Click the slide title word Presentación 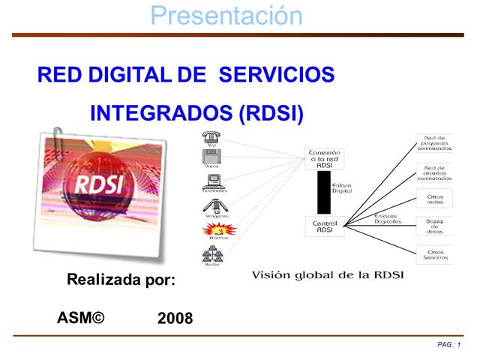(226, 15)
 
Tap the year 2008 (175, 319)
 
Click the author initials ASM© (80, 317)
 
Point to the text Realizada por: (121, 280)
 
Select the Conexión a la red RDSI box (325, 160)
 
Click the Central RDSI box (325, 226)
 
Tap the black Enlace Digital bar (323, 193)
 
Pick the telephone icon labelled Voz (210, 137)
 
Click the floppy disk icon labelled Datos (211, 157)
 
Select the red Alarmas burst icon (211, 229)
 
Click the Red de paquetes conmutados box (434, 142)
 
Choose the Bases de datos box (434, 226)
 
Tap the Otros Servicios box (434, 254)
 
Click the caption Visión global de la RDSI (326, 274)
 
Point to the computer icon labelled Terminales (211, 181)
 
